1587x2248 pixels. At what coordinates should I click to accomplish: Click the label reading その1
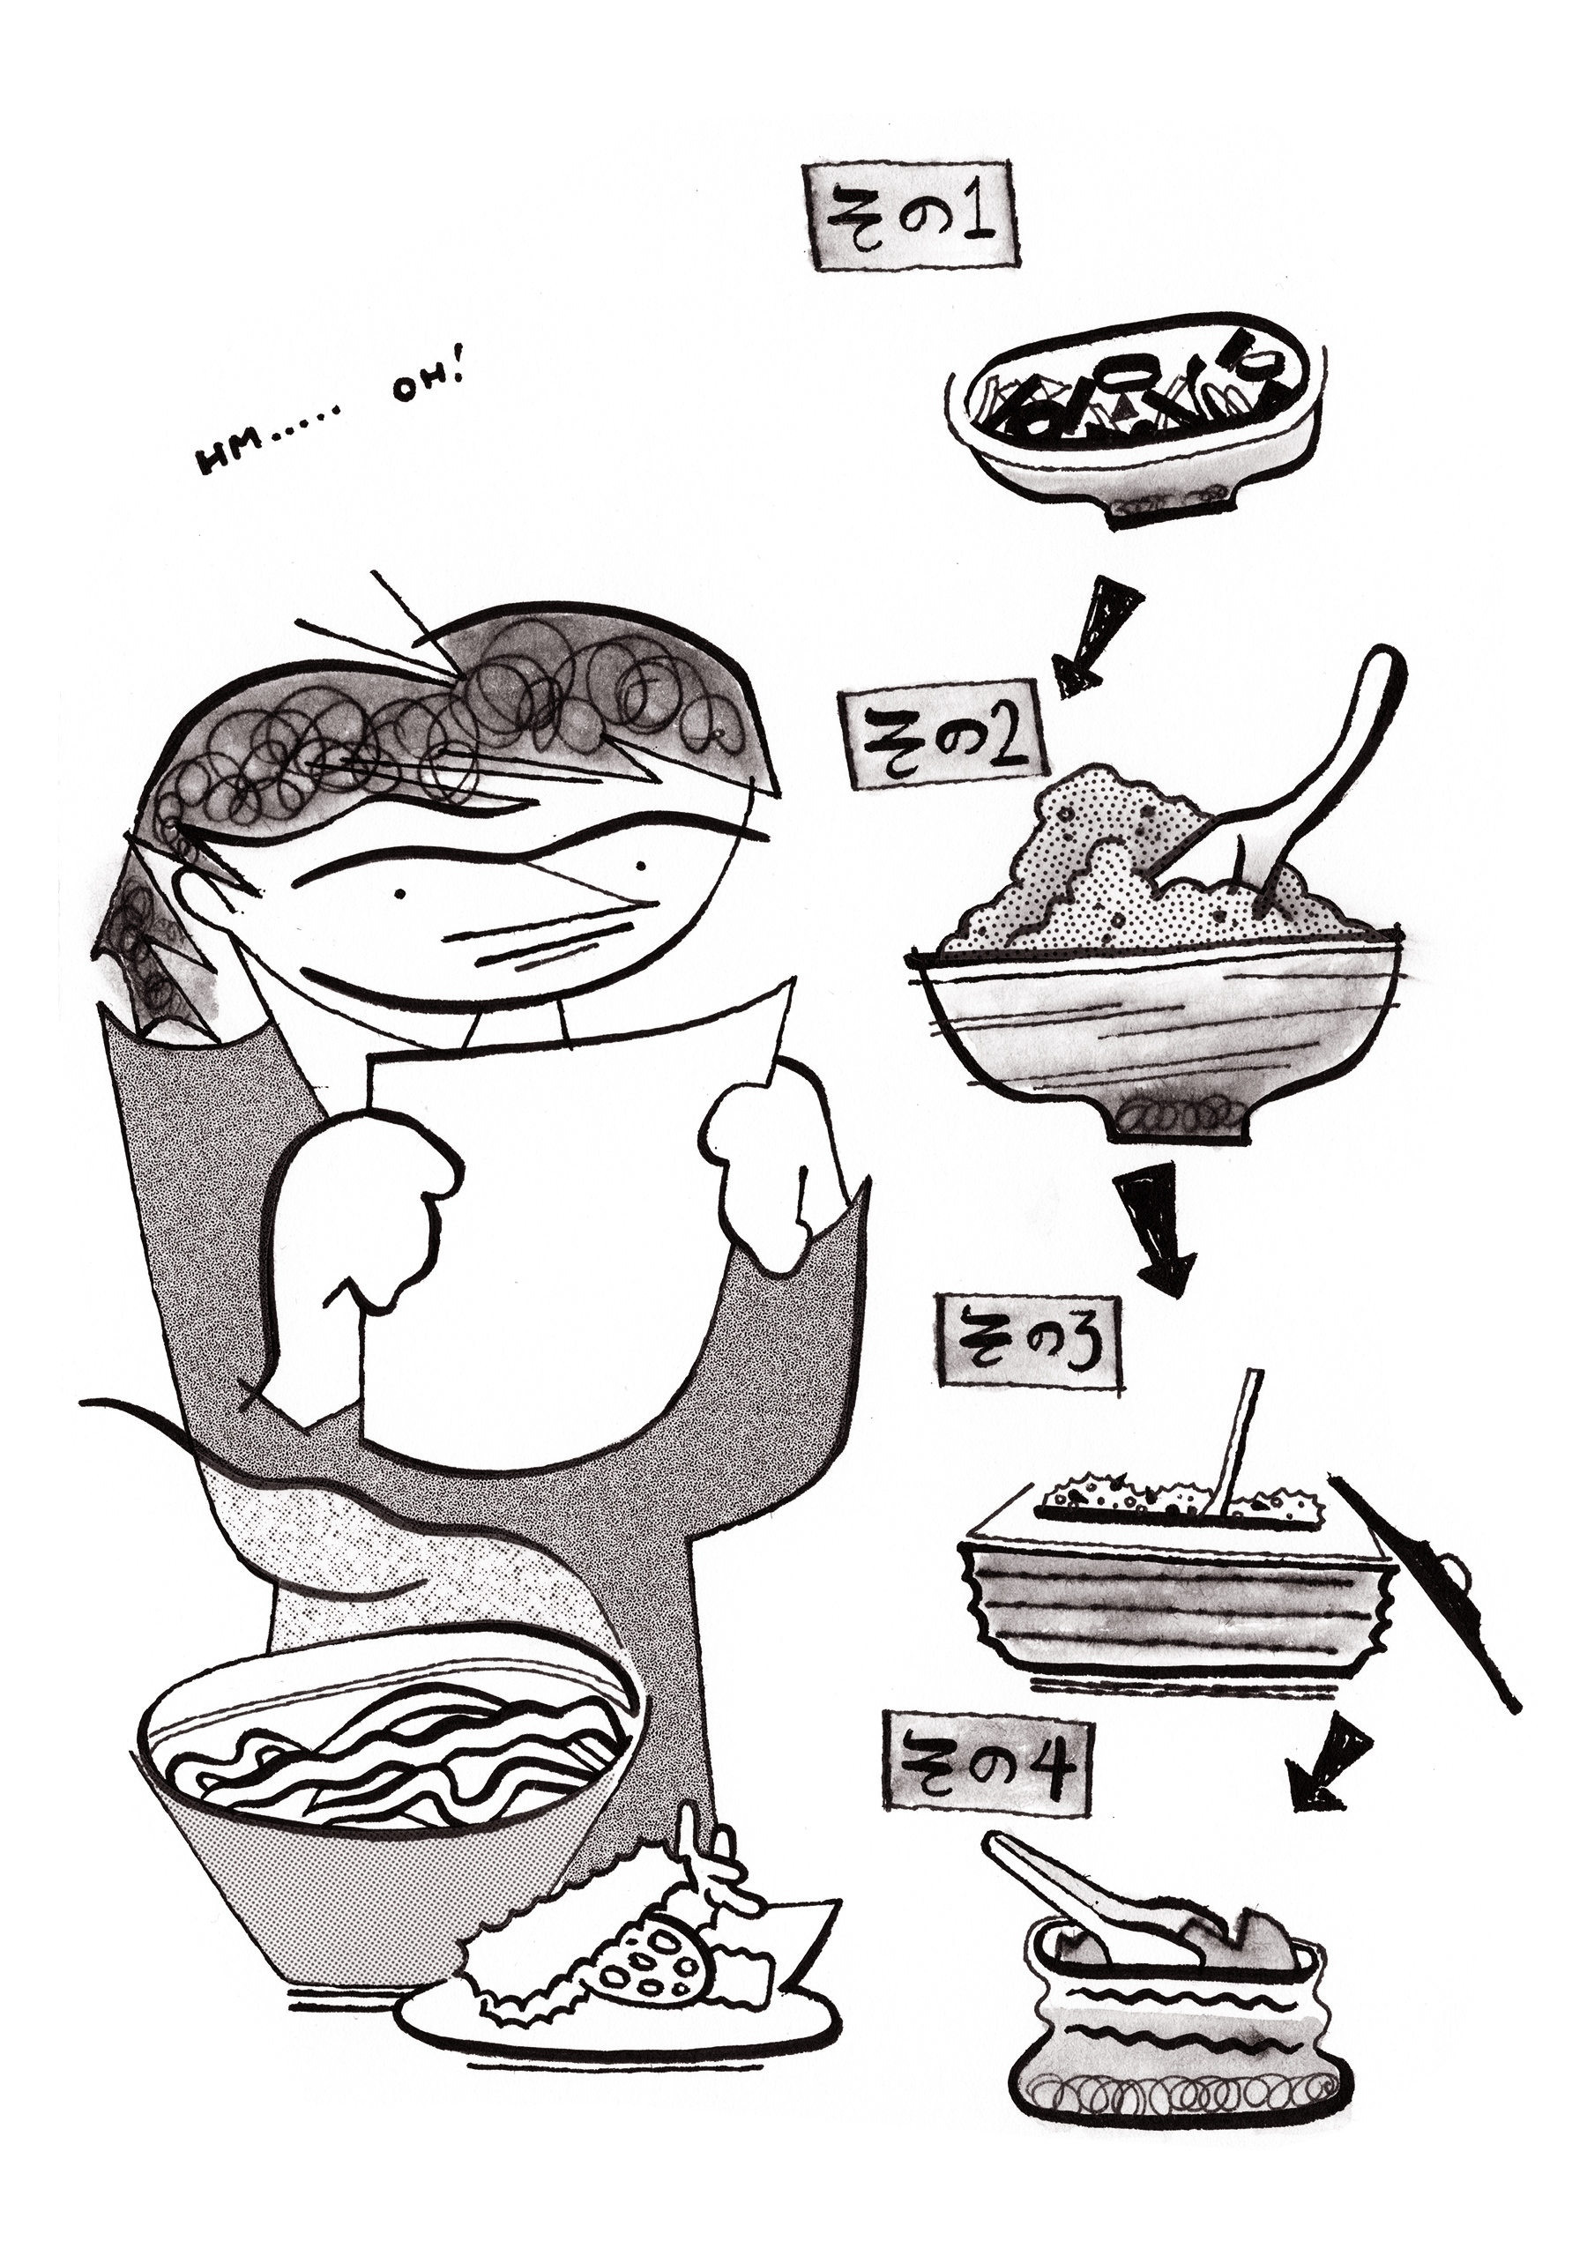(x=911, y=214)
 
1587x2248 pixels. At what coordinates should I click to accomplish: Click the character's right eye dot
(x=641, y=865)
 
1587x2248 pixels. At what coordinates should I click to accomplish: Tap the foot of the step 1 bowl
(x=1165, y=510)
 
